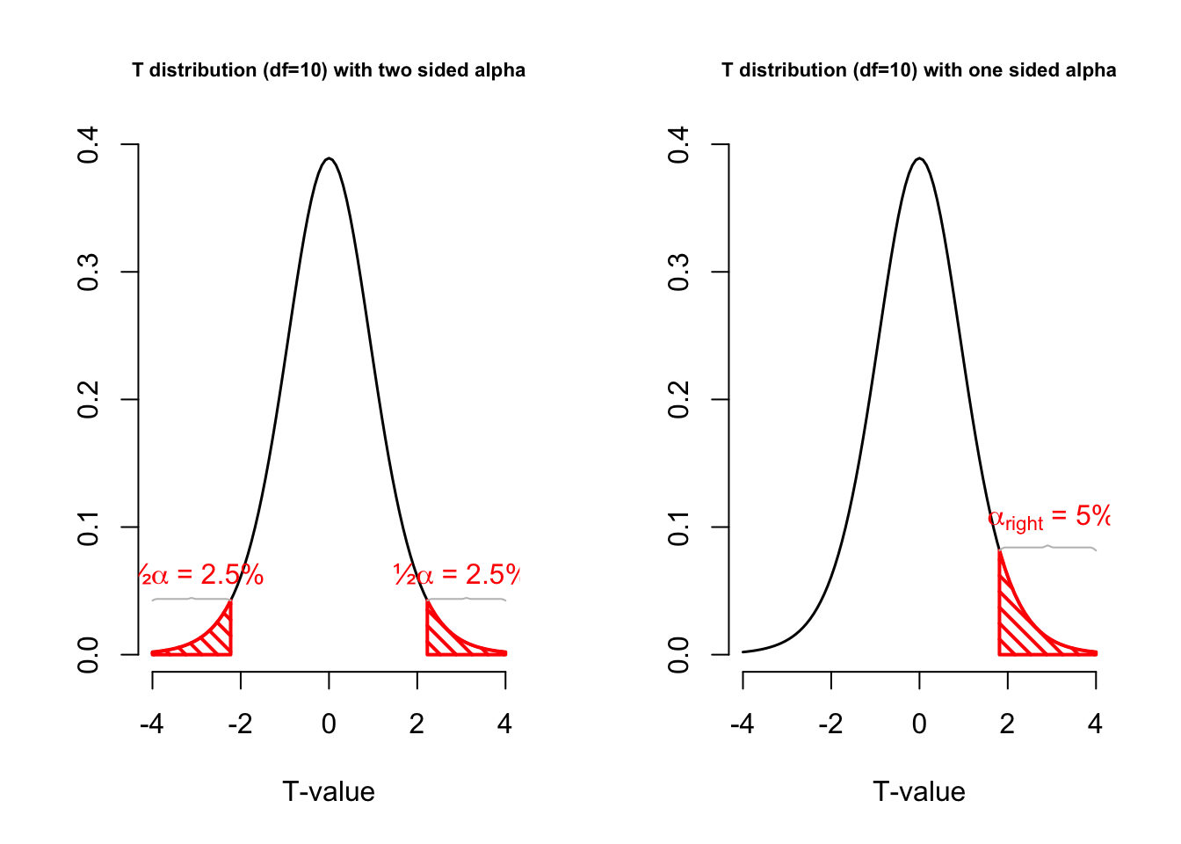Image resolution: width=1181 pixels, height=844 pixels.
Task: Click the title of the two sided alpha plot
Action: pos(329,70)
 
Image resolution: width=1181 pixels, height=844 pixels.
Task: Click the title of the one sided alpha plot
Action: pos(919,70)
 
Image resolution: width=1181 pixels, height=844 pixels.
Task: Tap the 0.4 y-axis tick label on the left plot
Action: pos(88,144)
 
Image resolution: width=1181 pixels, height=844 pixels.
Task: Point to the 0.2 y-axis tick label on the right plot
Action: pos(678,399)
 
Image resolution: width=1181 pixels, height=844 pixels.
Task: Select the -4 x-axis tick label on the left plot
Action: pos(152,724)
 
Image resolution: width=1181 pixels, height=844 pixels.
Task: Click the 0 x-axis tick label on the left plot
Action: pos(329,724)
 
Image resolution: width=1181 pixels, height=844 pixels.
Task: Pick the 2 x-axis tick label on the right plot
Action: pos(1007,724)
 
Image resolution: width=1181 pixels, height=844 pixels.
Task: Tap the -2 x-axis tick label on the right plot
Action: pos(830,724)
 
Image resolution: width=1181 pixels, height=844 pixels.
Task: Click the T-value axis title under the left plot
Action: pos(329,792)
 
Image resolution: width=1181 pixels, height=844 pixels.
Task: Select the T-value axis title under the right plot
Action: pos(919,792)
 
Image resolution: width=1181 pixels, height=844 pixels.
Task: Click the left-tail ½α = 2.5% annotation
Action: pos(201,575)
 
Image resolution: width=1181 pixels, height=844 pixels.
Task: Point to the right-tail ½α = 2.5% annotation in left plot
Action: pos(457,575)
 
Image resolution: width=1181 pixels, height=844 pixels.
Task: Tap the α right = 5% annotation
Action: pos(1049,517)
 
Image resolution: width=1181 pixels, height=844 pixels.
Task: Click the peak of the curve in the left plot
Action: pos(329,159)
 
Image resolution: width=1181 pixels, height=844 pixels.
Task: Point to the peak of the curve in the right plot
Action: pos(919,159)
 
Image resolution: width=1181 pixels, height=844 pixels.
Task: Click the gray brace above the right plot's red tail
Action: pos(1047,547)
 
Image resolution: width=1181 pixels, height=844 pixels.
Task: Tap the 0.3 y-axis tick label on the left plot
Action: pos(88,272)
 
